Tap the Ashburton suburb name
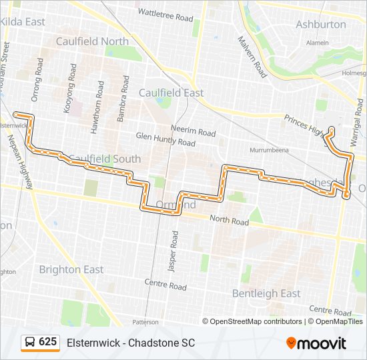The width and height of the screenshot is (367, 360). click(322, 25)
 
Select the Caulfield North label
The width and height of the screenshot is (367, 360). click(92, 41)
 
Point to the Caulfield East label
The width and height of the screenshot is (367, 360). click(171, 93)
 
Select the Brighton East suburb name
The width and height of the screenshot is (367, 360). click(71, 270)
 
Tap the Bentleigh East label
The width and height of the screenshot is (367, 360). click(266, 293)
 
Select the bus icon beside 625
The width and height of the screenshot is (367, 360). click(30, 343)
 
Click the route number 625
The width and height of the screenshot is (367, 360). click(47, 342)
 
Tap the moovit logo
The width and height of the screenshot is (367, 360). click(316, 343)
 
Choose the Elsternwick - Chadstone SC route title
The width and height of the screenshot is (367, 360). click(131, 343)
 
